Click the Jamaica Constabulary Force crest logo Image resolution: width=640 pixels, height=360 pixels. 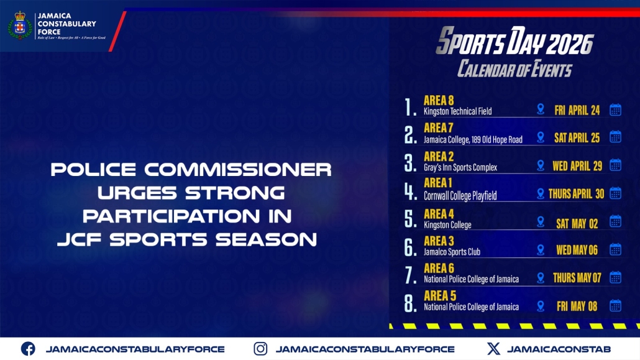(20, 25)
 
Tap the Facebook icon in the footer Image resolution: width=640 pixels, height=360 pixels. (28, 349)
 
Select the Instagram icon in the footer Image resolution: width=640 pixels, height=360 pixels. (261, 349)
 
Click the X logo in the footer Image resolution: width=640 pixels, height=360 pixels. (493, 349)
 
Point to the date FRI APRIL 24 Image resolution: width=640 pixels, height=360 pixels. (577, 110)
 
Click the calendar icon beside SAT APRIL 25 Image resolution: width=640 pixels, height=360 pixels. (616, 137)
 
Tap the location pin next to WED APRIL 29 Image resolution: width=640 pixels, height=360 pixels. (541, 165)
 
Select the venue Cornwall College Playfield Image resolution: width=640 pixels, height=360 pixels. (460, 196)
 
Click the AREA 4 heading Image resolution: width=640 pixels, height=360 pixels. (439, 214)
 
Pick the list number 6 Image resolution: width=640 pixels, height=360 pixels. (410, 247)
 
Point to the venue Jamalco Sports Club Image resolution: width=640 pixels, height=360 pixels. (452, 252)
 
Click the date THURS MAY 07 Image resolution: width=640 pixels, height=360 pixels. (577, 278)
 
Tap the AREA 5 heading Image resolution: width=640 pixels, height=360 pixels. (440, 295)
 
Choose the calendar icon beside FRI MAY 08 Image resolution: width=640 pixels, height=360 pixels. (616, 306)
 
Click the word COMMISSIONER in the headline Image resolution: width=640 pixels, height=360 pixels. (238, 170)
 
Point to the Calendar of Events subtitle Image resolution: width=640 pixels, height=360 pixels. (514, 68)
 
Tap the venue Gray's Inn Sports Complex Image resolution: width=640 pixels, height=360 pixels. (460, 167)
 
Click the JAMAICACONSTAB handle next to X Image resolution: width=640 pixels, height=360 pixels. (559, 349)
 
